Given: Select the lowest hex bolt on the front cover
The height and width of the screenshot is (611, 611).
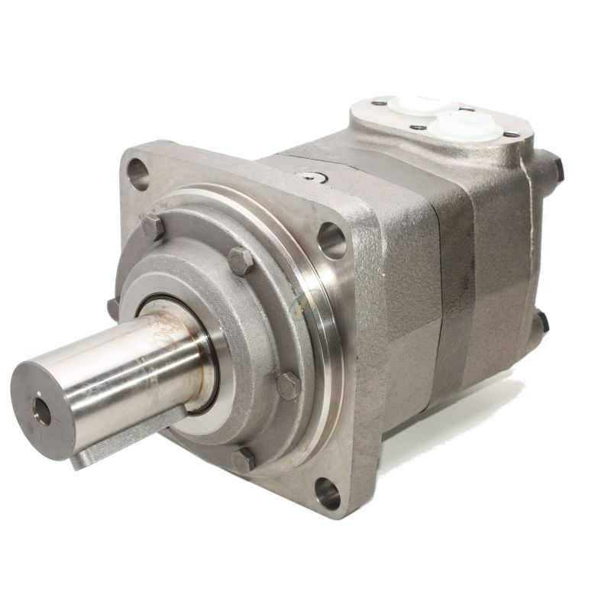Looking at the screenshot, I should pos(244,460).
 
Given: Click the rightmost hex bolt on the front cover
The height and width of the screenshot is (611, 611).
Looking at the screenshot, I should pos(288,385).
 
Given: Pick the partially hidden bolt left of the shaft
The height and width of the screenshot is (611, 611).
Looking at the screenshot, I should pos(114,309).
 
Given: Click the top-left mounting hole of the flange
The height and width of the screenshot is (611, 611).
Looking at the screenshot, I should pos(138,173).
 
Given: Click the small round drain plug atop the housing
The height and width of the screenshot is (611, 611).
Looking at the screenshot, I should pos(312,177).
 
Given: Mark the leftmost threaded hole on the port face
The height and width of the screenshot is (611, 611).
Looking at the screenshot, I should pos(379,103).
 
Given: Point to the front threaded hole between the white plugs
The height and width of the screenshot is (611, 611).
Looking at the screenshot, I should pos(419,128).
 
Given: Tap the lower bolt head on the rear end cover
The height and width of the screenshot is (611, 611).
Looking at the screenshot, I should pos(541,322).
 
